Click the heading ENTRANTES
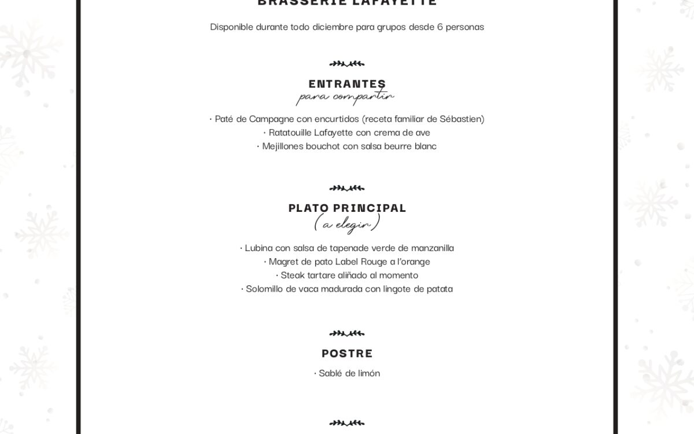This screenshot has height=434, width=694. (x=347, y=84)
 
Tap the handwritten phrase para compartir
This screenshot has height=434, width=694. (x=345, y=98)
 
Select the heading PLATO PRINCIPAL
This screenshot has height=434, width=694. (x=347, y=208)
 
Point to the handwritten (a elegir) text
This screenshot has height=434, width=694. (x=347, y=223)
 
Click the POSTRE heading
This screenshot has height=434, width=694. (x=347, y=353)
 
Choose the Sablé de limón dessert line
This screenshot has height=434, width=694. (x=347, y=373)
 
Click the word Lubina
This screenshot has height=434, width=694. (x=260, y=248)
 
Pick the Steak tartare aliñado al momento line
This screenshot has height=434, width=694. (x=347, y=275)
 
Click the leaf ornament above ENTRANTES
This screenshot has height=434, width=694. (x=347, y=64)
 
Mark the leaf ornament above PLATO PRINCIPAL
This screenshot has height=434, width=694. (x=347, y=187)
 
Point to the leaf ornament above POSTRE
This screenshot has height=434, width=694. (x=347, y=333)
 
